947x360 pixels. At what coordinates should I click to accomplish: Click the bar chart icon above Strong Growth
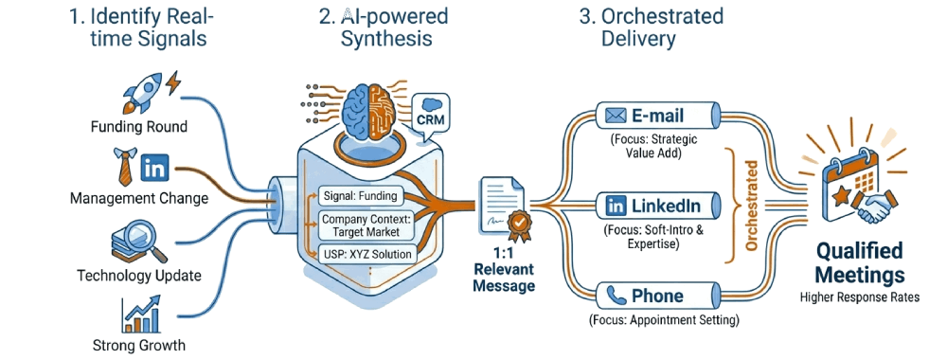point(139,314)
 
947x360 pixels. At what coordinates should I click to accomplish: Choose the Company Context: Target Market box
point(361,225)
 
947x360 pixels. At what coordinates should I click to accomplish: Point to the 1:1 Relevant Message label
point(504,270)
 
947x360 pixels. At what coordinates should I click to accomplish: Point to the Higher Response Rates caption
point(859,297)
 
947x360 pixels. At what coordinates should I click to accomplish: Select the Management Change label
point(138,199)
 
